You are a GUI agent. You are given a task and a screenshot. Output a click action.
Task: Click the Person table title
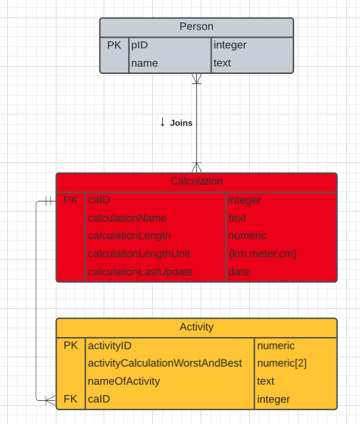(196, 27)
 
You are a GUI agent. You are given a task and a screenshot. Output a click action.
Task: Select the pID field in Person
(140, 45)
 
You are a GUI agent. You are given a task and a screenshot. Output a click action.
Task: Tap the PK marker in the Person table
(114, 45)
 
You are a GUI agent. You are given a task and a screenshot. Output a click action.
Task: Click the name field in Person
(144, 63)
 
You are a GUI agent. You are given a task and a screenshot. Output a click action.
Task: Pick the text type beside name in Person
(222, 63)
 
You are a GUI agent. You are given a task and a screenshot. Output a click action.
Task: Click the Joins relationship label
(181, 123)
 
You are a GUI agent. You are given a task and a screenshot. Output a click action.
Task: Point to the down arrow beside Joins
(163, 122)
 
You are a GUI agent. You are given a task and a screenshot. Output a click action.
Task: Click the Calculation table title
(196, 181)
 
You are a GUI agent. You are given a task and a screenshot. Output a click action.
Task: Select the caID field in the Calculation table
(99, 200)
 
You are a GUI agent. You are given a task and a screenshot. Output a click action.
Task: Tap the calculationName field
(127, 218)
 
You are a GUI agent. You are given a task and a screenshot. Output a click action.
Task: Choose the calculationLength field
(129, 236)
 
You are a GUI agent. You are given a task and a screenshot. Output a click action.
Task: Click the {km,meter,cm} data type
(262, 254)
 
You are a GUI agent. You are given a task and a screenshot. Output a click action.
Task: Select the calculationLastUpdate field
(140, 272)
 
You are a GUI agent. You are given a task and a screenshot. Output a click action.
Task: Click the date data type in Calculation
(238, 272)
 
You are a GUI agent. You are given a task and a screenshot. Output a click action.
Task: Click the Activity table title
(196, 328)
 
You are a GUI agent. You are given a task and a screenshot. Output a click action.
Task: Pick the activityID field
(109, 346)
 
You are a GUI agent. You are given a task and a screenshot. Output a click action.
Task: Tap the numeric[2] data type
(282, 363)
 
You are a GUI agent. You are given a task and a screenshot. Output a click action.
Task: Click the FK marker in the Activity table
(71, 399)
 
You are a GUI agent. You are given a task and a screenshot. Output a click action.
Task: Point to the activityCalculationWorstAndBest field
(164, 363)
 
